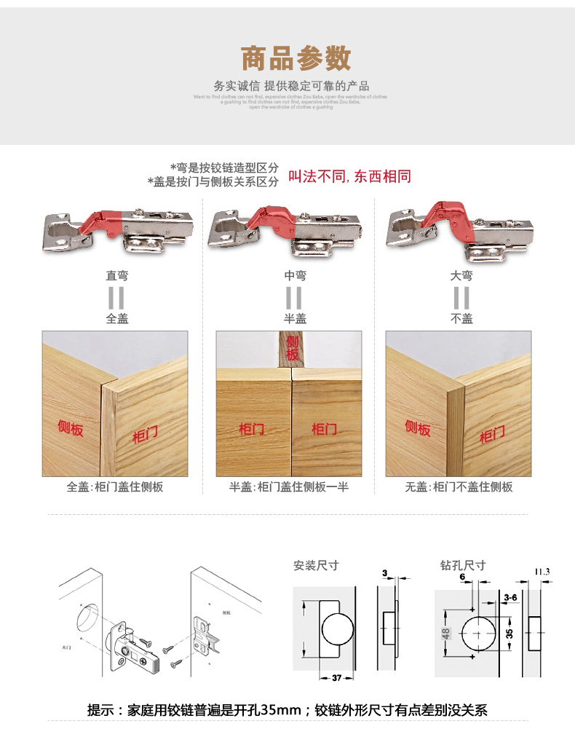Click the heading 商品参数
(295, 58)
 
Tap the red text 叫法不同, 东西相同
(350, 177)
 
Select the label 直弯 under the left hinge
(117, 276)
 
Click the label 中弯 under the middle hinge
(295, 276)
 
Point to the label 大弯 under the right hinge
(461, 276)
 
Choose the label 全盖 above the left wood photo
(117, 318)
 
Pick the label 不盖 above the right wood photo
(461, 318)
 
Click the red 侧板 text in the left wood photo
(71, 427)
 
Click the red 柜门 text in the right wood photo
(492, 435)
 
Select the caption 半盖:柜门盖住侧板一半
(289, 486)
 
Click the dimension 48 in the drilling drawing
(445, 633)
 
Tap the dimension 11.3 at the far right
(542, 571)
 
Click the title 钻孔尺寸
(463, 565)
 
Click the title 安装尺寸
(316, 565)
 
